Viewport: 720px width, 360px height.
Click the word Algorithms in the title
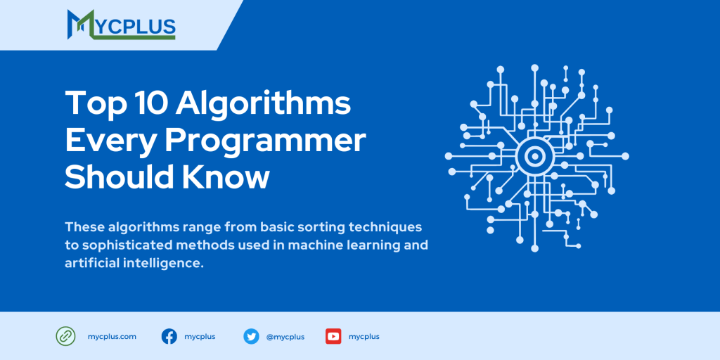(263, 104)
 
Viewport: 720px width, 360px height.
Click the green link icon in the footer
(65, 336)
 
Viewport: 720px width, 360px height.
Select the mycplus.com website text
(112, 337)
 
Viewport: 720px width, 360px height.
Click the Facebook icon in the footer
(169, 336)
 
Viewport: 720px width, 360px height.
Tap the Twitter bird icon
(251, 336)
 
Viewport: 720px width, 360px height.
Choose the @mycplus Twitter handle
(285, 337)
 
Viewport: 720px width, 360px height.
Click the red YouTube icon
(333, 336)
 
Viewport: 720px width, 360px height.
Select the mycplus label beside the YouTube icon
(364, 337)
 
